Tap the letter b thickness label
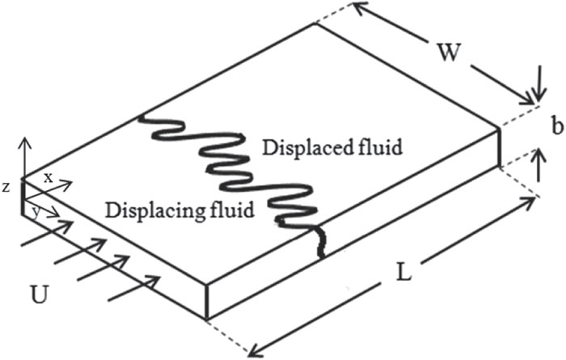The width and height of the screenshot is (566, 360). point(555,127)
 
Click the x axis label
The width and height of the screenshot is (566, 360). point(48,176)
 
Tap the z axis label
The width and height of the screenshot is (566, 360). point(6,188)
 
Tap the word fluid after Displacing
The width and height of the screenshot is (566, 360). point(230,210)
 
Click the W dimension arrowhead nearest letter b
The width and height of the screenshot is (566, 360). point(529,99)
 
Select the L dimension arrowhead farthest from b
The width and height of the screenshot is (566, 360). point(254,350)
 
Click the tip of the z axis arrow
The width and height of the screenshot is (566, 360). point(24,142)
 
